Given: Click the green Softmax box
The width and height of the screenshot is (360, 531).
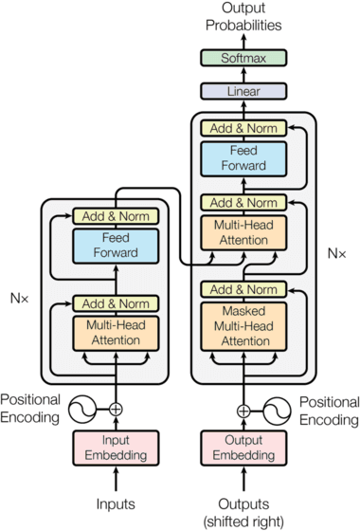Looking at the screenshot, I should coord(244,59).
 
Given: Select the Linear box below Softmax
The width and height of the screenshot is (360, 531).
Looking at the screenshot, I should coord(244,92).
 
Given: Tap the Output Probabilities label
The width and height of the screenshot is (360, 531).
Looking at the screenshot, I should coord(244,17).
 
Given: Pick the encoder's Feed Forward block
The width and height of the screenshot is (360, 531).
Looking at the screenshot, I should coord(115,246).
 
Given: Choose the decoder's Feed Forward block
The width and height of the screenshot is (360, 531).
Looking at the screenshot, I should coord(244,158).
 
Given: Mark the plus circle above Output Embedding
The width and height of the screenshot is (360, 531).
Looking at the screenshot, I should coord(244,410).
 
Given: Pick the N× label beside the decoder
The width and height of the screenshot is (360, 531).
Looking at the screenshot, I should coord(335,253).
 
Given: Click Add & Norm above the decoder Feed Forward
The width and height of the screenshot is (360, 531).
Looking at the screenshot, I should coord(244,128).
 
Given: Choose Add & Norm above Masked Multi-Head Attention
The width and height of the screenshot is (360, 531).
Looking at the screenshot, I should coord(244,289).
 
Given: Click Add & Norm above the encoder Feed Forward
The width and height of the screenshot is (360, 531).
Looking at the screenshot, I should coord(115,215).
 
